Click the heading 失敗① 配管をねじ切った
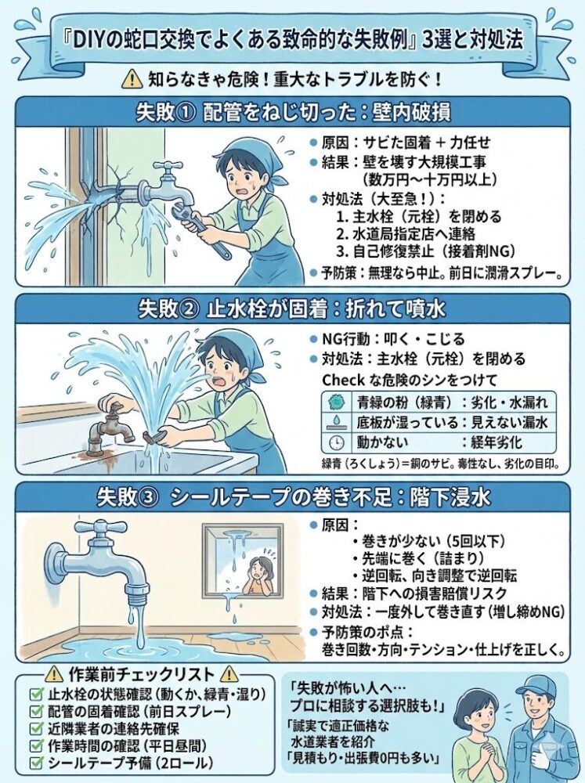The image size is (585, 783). tap(292, 112)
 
